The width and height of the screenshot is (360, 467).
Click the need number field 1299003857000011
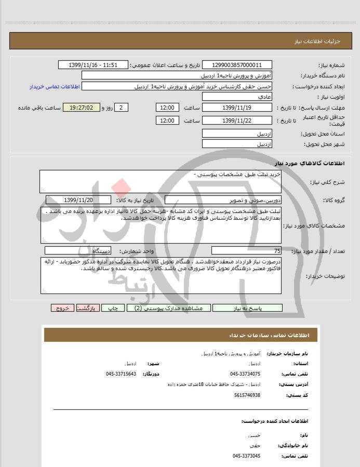[236, 65]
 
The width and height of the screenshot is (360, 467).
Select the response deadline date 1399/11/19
[236, 108]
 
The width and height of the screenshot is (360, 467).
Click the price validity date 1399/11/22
[236, 121]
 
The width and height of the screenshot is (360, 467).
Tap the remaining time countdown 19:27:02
[80, 108]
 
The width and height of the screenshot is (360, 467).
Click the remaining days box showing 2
[121, 108]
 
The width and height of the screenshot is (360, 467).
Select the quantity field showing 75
[246, 251]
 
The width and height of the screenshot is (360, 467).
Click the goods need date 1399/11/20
[78, 200]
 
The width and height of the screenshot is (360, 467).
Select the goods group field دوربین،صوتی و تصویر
[223, 200]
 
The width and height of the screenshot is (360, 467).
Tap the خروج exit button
[62, 308]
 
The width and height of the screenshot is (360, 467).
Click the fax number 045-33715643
[121, 373]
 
